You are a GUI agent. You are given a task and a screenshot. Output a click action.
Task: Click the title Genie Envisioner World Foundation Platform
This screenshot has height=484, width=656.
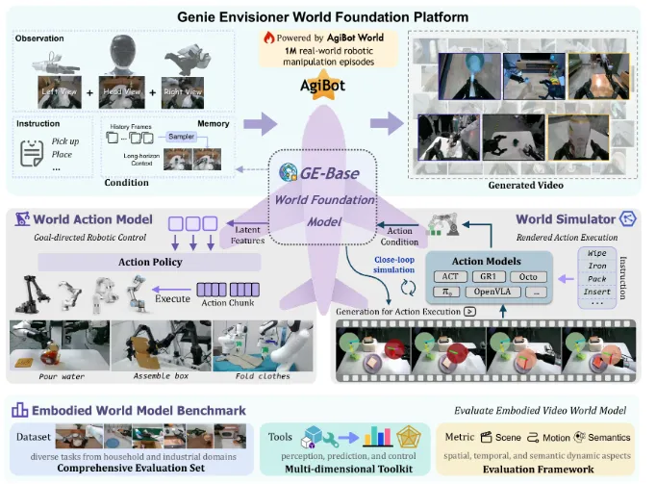[327, 16]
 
